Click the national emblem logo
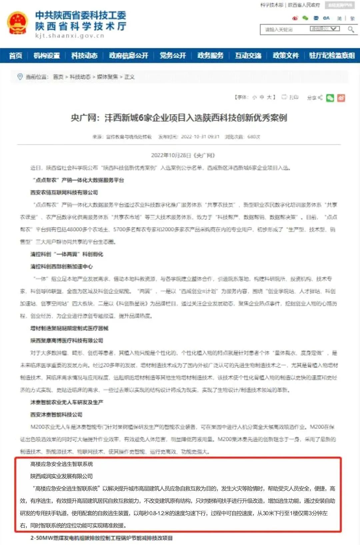coord(17,23)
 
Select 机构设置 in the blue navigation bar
coord(47,56)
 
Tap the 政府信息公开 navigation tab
coord(129,56)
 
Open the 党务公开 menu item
coord(173,56)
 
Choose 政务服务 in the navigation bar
coord(210,56)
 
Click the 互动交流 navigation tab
coord(248,56)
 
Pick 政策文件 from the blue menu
coord(286,56)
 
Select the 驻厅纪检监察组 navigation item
coord(332,56)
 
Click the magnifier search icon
coord(351,29)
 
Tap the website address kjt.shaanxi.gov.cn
coord(70,36)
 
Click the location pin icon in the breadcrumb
coord(20,77)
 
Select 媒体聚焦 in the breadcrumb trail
coord(107,77)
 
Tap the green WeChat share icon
coord(330,98)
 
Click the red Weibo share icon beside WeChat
coord(341,98)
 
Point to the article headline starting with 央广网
coord(179,118)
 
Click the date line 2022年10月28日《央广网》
coord(183,155)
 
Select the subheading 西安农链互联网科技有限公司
coord(64,192)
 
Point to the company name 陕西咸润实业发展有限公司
coord(62,476)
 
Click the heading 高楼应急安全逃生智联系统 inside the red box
coord(62,464)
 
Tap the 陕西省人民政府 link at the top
coord(304,5)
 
